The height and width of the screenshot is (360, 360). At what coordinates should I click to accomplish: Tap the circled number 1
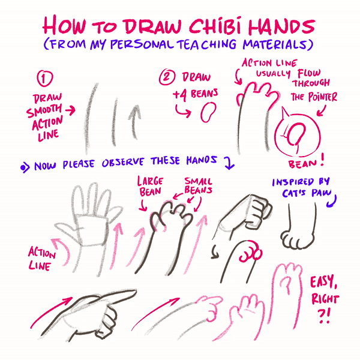(45, 78)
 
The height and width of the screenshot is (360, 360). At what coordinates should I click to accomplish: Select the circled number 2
(167, 77)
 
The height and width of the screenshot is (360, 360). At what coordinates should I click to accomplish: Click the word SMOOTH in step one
(44, 110)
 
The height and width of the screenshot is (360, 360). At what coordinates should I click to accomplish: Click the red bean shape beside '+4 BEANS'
(208, 112)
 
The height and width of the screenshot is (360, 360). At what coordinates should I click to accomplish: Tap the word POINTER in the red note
(323, 97)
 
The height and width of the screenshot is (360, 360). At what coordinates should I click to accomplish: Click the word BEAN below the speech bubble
(302, 164)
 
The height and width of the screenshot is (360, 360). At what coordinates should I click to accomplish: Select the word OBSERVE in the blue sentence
(123, 163)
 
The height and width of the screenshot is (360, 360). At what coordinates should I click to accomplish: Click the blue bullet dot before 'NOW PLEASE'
(23, 167)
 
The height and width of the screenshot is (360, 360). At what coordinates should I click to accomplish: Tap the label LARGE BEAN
(151, 187)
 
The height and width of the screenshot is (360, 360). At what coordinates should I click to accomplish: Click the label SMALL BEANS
(199, 186)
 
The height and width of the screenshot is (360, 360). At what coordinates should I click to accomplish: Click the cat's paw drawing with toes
(298, 239)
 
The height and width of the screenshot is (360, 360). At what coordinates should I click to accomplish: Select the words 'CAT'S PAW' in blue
(307, 193)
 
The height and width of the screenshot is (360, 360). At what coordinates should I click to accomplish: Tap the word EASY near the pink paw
(323, 282)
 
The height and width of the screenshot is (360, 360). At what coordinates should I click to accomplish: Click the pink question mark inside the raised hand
(287, 286)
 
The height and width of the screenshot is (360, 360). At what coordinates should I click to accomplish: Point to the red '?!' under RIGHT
(324, 316)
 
